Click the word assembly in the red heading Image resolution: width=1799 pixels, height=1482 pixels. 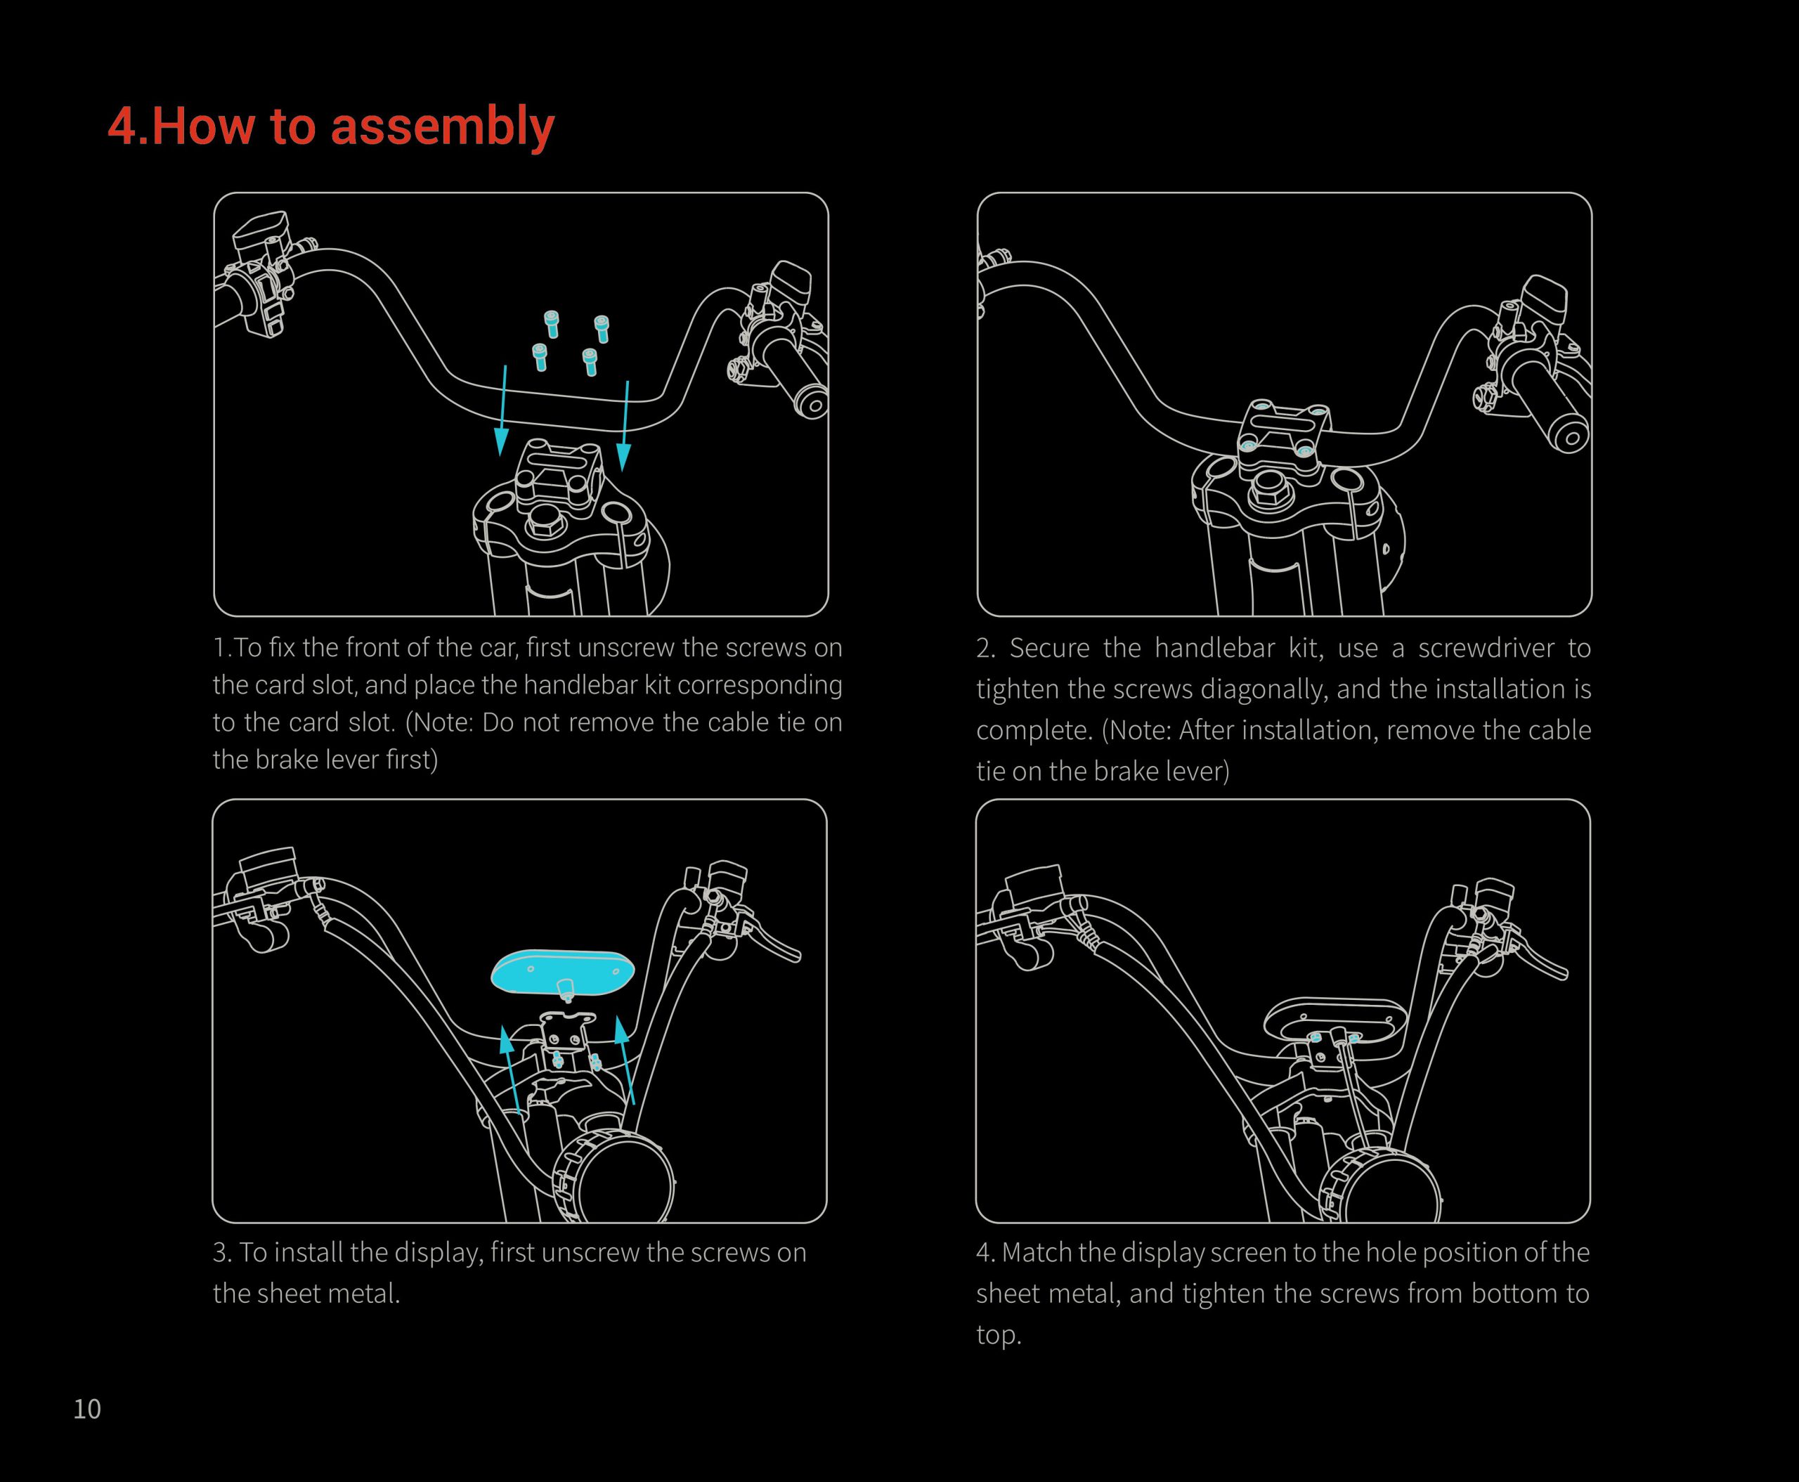(441, 126)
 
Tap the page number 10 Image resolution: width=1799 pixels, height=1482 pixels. (87, 1409)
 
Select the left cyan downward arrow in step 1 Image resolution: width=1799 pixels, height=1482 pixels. (504, 410)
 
